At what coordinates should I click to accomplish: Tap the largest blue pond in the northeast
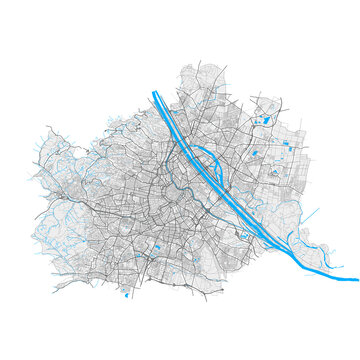click(x=265, y=121)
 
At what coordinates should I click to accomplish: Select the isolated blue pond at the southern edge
click(x=126, y=294)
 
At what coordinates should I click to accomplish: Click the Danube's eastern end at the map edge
click(x=355, y=278)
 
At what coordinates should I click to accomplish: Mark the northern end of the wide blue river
click(x=156, y=94)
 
